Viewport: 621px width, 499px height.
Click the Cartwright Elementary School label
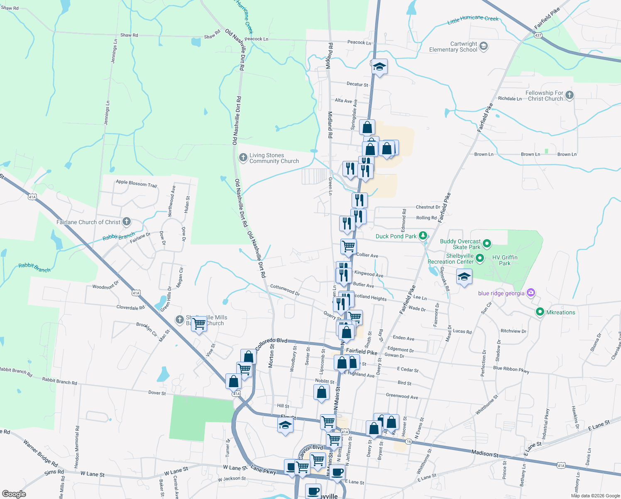tap(453, 47)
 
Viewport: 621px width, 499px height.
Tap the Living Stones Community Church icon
tap(243, 158)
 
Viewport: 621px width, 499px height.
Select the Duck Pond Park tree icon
tap(423, 236)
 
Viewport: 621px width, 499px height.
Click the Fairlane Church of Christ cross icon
tap(127, 222)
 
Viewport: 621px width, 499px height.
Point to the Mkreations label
tap(560, 312)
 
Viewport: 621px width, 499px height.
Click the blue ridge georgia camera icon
tap(531, 293)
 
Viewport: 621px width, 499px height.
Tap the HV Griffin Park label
tap(505, 260)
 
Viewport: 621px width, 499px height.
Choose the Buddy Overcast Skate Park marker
tap(487, 244)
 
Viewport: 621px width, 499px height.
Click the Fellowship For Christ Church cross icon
tap(569, 95)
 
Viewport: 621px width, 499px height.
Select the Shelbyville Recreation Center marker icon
tap(480, 258)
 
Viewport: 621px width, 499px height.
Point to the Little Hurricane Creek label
tap(473, 20)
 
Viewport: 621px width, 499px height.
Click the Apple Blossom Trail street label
tap(136, 183)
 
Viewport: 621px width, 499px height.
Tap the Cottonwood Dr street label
tap(285, 289)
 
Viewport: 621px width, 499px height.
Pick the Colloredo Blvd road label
tap(271, 344)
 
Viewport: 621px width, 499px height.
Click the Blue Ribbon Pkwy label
tap(511, 369)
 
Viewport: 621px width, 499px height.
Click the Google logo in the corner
tap(14, 494)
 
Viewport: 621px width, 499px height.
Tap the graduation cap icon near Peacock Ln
tap(379, 67)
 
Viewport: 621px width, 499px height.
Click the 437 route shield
tap(538, 35)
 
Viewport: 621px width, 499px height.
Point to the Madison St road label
tap(485, 454)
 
